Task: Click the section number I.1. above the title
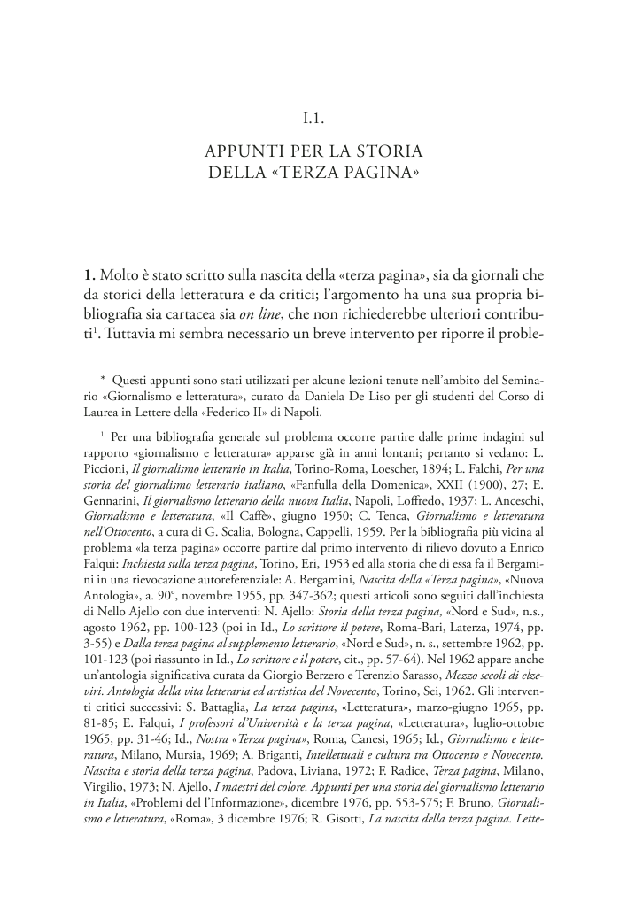click(313, 116)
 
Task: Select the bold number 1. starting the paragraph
click(89, 274)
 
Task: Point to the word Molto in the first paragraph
click(122, 274)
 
